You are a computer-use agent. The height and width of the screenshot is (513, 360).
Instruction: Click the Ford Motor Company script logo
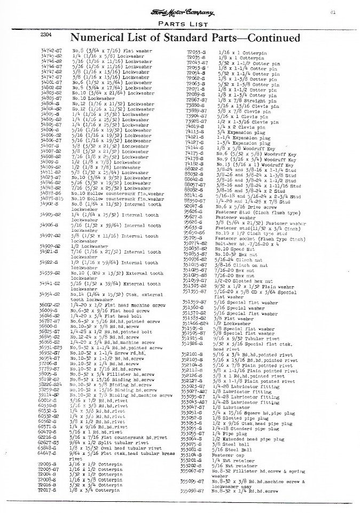[x=183, y=13]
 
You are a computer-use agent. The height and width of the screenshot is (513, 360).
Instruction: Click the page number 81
[x=347, y=12]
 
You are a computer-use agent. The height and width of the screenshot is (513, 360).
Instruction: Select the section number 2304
[x=48, y=35]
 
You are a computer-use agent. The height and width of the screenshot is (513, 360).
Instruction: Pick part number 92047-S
[x=194, y=206]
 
